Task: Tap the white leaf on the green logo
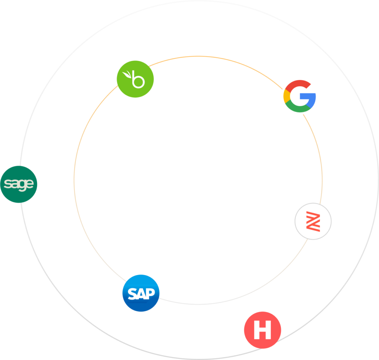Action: click(x=127, y=74)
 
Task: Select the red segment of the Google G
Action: click(x=297, y=85)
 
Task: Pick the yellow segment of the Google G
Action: click(x=287, y=96)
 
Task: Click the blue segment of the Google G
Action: click(x=310, y=100)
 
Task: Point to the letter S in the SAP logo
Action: click(x=133, y=294)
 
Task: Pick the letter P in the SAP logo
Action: click(x=150, y=293)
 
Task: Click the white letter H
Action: click(x=262, y=330)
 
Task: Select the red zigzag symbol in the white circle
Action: click(x=313, y=221)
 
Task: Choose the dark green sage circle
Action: click(x=19, y=184)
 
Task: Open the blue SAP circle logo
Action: click(x=141, y=293)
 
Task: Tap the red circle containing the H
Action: click(x=262, y=330)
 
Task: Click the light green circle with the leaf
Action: click(x=135, y=79)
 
